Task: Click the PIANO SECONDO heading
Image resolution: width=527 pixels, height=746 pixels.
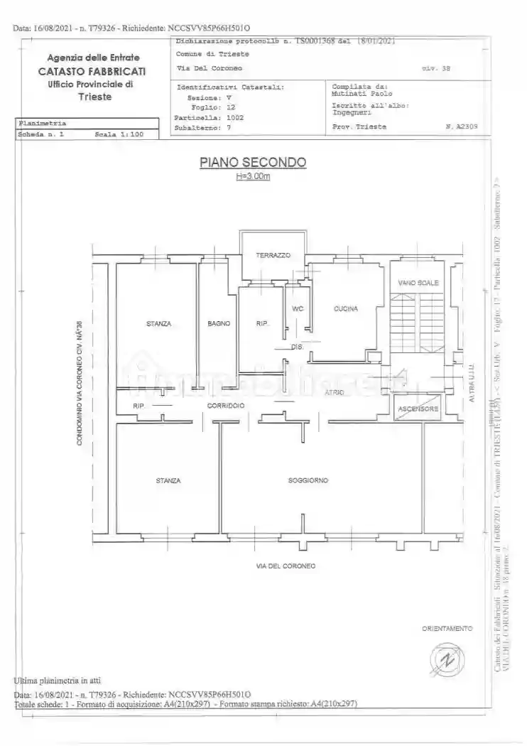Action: point(253,163)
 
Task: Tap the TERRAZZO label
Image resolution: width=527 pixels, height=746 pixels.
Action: point(273,255)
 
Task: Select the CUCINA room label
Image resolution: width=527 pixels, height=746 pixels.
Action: point(346,309)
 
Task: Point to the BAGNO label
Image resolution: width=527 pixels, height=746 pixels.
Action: point(219,324)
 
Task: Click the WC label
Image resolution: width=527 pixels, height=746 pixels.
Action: point(298,309)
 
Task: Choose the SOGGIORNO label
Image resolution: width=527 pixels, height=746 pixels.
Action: point(308,481)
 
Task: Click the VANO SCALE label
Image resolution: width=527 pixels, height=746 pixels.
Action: point(418,283)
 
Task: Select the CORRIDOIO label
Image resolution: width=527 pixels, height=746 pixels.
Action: point(227,406)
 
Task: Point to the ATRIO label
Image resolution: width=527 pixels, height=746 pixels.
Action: point(335,392)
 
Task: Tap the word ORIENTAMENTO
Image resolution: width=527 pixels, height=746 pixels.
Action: point(447,629)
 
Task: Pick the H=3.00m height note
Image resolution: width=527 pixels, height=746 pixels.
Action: point(253,177)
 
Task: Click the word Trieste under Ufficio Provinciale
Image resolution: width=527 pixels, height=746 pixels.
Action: point(94,97)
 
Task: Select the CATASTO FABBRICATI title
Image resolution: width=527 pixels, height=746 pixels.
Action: point(93,71)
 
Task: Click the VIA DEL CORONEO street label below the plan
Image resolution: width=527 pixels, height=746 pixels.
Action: point(286,566)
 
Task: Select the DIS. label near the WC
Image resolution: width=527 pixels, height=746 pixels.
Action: point(298,347)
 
